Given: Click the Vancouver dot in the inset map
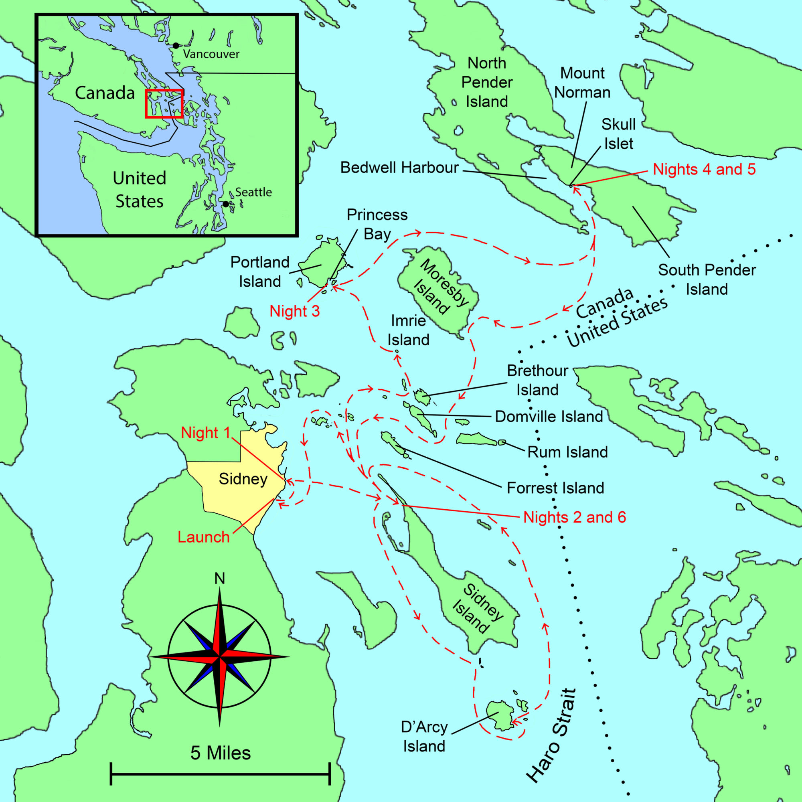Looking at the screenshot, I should pyautogui.click(x=176, y=46).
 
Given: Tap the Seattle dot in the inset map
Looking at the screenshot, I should pyautogui.click(x=225, y=204).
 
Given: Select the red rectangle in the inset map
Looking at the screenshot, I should pyautogui.click(x=164, y=103).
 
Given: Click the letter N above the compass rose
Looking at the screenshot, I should pyautogui.click(x=220, y=579).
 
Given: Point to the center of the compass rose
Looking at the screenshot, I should pyautogui.click(x=219, y=657).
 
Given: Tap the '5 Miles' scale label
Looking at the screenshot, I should pyautogui.click(x=221, y=753).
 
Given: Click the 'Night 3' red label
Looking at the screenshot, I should pyautogui.click(x=295, y=311).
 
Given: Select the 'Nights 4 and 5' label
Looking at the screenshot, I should pyautogui.click(x=704, y=169).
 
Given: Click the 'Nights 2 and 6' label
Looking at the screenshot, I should pyautogui.click(x=575, y=517).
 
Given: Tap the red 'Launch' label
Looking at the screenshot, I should pyautogui.click(x=203, y=537).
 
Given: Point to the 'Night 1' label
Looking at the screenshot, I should pyautogui.click(x=205, y=433).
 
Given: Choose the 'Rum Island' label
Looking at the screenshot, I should pyautogui.click(x=567, y=452).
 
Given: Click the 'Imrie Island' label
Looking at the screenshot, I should pyautogui.click(x=409, y=330).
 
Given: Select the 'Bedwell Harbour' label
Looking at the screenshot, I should pyautogui.click(x=399, y=168).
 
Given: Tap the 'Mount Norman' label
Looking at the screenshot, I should pyautogui.click(x=582, y=83).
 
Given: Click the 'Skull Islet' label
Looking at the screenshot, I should pyautogui.click(x=618, y=134).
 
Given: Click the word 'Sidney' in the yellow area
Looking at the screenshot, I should pyautogui.click(x=243, y=479).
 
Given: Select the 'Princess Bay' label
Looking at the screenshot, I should pyautogui.click(x=377, y=224).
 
